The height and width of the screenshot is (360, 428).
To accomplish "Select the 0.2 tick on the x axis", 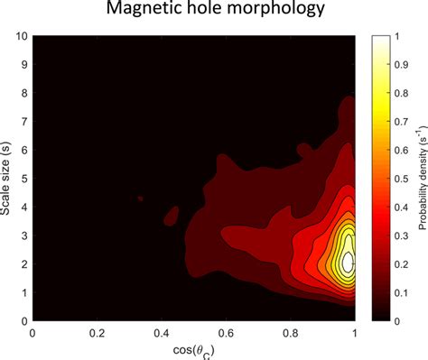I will coord(98,333).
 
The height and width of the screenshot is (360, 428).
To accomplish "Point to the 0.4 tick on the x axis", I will coord(162,333).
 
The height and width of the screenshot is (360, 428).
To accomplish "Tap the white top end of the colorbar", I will coord(379,39).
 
